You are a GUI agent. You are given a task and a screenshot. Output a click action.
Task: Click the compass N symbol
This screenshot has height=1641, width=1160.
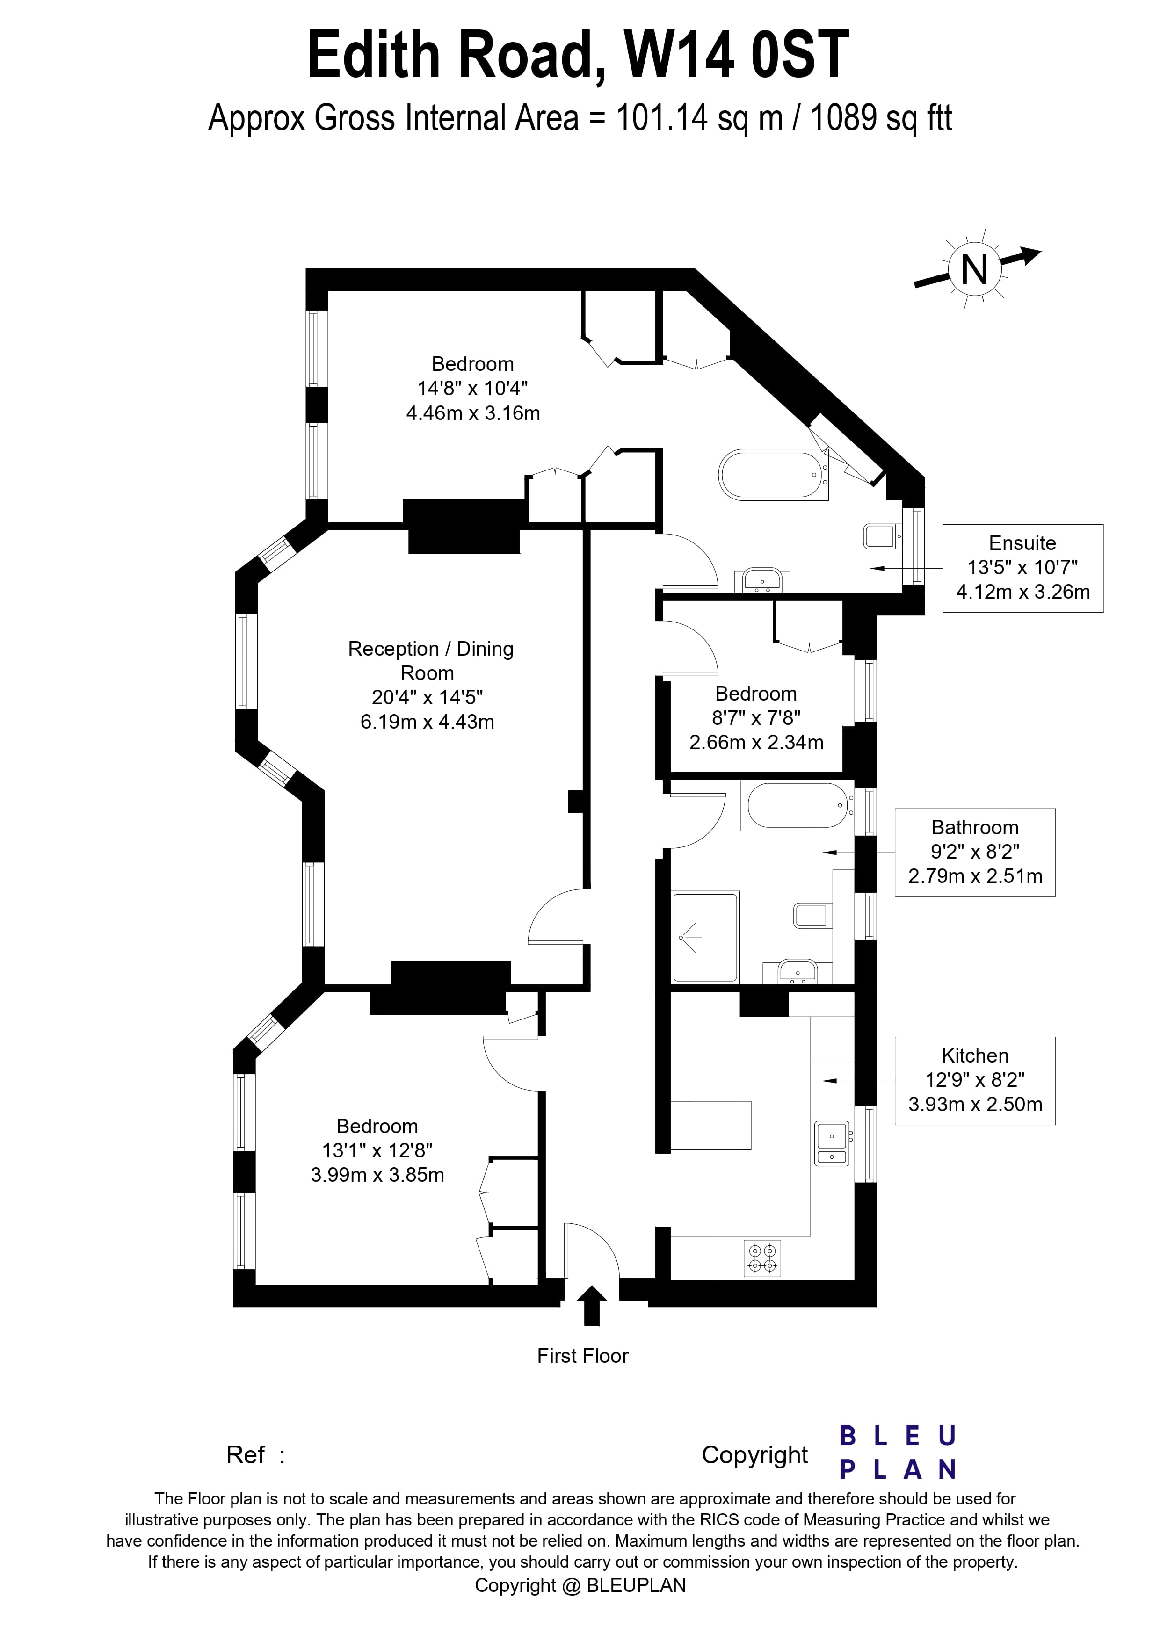[975, 271]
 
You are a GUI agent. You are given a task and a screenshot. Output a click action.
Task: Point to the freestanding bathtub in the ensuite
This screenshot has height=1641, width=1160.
[772, 475]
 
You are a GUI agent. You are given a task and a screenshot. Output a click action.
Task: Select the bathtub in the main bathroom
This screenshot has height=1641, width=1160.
[797, 805]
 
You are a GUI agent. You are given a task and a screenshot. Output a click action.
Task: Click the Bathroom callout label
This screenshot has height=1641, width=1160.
[974, 852]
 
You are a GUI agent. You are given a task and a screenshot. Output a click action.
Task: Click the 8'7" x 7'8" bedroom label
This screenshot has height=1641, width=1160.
[756, 717]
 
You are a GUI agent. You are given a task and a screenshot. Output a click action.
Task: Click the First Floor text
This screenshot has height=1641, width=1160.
[582, 1356]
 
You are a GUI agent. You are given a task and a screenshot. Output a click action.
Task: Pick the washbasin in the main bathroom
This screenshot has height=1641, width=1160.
[797, 970]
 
